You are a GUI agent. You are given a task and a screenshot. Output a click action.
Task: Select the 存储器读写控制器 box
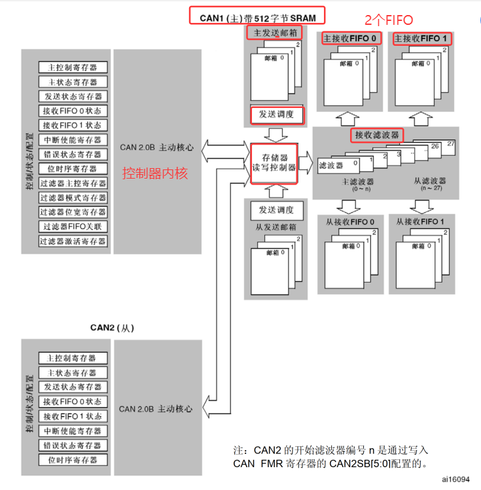click(274, 162)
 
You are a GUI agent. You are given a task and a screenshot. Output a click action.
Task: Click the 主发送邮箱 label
click(275, 31)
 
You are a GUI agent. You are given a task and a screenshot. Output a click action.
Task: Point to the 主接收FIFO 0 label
click(350, 39)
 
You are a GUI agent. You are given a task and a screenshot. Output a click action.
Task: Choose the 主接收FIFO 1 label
click(421, 39)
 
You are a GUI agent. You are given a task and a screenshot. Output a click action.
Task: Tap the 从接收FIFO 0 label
click(350, 222)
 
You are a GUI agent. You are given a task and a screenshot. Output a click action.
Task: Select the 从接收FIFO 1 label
click(421, 222)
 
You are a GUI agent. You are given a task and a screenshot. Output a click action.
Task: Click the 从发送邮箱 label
click(274, 227)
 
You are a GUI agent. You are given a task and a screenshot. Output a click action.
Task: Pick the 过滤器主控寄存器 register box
click(73, 183)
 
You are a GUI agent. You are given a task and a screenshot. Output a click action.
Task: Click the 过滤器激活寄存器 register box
click(73, 241)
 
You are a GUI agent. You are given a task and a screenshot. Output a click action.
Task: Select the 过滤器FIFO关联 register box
click(73, 226)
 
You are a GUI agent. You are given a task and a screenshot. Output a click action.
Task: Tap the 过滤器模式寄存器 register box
click(73, 198)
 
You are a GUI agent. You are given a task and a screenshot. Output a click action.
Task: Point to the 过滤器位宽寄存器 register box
click(73, 212)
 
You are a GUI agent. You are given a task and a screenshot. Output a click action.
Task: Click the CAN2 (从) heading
click(112, 326)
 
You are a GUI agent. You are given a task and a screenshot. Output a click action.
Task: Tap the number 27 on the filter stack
click(450, 143)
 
